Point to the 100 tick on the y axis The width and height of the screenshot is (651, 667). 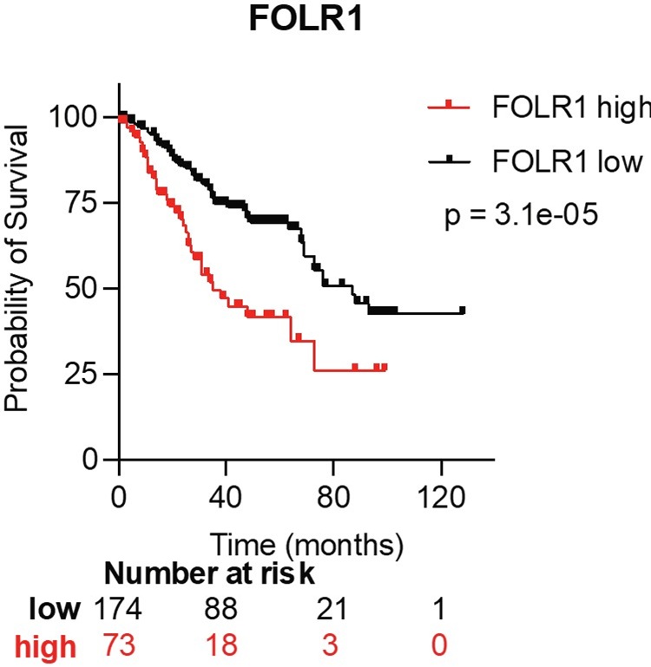click(88, 117)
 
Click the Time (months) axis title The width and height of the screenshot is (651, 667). click(306, 546)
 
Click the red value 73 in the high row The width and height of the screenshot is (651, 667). click(119, 645)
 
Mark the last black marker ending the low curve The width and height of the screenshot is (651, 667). click(462, 310)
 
